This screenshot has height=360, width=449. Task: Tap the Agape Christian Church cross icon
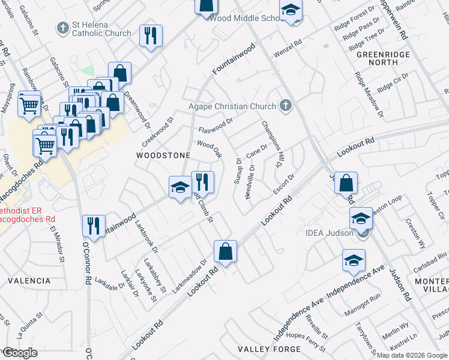click(286, 106)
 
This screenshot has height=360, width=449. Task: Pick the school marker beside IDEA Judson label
click(360, 218)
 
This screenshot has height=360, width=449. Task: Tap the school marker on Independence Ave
click(354, 260)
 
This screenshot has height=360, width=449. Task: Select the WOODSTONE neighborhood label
click(163, 155)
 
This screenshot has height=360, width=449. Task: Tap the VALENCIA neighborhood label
click(29, 280)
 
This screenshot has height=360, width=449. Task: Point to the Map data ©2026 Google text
click(412, 355)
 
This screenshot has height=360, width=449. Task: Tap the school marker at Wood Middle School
click(291, 11)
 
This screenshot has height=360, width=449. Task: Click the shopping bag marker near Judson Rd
click(346, 182)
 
